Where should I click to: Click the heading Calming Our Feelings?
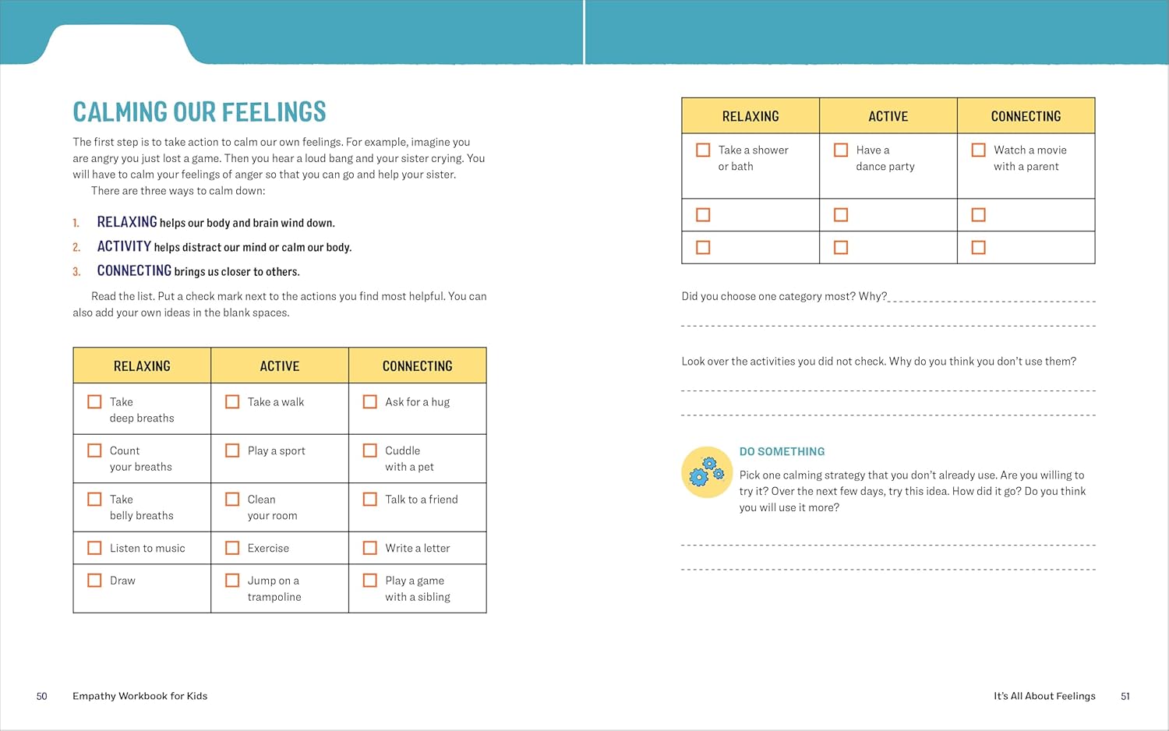pos(200,112)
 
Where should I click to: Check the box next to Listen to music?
pos(94,548)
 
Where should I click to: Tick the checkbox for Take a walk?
pos(232,401)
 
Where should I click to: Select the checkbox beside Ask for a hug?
pos(370,401)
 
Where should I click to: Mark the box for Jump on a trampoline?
pos(232,581)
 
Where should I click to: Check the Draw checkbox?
pos(94,581)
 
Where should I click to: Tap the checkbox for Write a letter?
pos(370,548)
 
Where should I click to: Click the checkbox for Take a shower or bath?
pos(703,150)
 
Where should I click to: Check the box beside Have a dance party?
pos(841,150)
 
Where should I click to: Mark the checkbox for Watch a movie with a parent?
pos(979,150)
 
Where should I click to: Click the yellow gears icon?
pos(707,472)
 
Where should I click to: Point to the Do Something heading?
pos(782,451)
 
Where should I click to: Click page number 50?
pos(42,696)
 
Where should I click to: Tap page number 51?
pos(1125,696)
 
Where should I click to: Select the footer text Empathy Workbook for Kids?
pos(140,696)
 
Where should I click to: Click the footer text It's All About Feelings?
pos(1044,696)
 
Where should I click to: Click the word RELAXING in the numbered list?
pos(127,222)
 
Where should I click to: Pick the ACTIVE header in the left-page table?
pos(280,365)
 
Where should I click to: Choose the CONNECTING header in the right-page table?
pos(1026,116)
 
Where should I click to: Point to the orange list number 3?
pos(76,272)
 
